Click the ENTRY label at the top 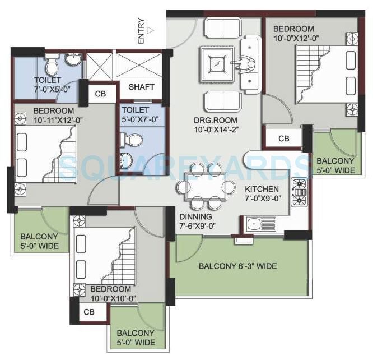(x=142, y=31)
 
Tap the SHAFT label (x=141, y=87)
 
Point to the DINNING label (x=196, y=216)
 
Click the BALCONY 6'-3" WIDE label (x=237, y=266)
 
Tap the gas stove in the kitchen (x=300, y=192)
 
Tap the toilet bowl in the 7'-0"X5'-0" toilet (x=52, y=66)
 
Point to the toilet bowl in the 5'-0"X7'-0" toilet (x=134, y=139)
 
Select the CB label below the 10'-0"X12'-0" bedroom (x=284, y=138)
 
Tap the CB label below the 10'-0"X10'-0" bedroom (x=89, y=312)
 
